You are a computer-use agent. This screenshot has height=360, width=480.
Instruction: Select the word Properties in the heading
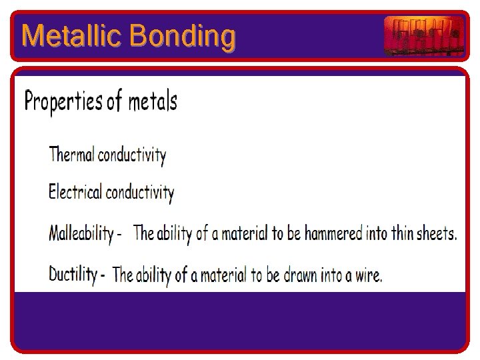(63, 102)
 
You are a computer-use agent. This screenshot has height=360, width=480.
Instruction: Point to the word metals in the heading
(153, 102)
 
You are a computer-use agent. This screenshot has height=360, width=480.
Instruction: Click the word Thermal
(72, 155)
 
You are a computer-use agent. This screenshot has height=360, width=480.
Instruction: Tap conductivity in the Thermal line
(132, 155)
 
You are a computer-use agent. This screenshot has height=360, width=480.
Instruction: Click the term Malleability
(81, 233)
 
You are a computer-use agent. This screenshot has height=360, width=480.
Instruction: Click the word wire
(367, 274)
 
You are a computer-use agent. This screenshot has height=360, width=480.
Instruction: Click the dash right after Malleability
(119, 235)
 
